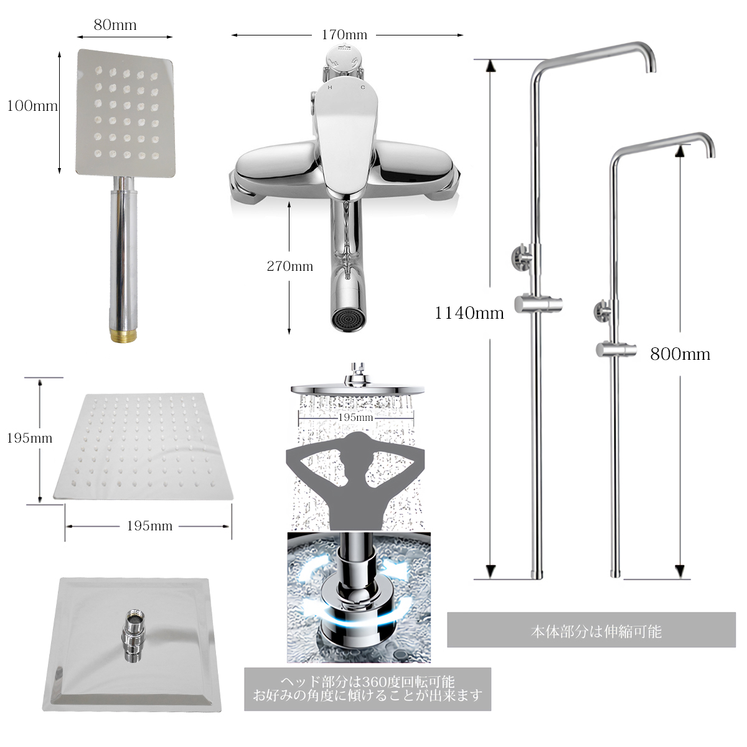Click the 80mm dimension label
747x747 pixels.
[115, 25]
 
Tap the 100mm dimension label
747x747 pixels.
[32, 106]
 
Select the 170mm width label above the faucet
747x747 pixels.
[344, 35]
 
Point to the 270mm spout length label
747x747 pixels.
[290, 266]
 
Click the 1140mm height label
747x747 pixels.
[469, 313]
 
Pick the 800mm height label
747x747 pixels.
[680, 354]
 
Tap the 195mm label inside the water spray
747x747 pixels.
[355, 418]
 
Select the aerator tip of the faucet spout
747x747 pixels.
[347, 320]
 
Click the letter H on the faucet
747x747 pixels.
[330, 88]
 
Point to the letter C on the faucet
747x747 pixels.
[363, 87]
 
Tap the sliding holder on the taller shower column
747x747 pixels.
[538, 304]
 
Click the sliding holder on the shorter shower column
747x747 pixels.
[616, 350]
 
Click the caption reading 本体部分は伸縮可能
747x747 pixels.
[596, 632]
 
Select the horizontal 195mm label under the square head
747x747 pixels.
[149, 526]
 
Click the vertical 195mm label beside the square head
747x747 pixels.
[29, 438]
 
